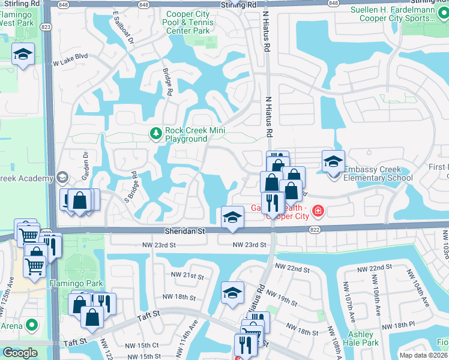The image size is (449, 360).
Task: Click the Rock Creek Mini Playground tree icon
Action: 156,133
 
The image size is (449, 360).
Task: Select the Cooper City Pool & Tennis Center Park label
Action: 188,22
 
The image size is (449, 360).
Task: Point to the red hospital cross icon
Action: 316,211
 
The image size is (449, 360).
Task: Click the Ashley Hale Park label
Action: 363,338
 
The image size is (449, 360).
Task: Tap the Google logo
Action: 20,353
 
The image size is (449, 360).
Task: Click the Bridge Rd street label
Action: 169,82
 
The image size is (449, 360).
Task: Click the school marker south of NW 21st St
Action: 232,294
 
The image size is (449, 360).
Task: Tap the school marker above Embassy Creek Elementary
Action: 333,161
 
